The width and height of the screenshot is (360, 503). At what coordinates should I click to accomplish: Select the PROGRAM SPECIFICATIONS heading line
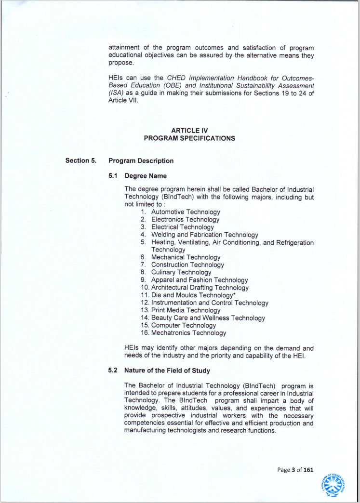pyautogui.click(x=189, y=138)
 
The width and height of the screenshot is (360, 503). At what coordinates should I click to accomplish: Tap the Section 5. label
pyautogui.click(x=81, y=160)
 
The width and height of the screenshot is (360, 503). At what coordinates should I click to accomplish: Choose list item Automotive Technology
pyautogui.click(x=186, y=212)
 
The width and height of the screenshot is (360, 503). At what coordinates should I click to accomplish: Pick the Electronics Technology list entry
pyautogui.click(x=185, y=220)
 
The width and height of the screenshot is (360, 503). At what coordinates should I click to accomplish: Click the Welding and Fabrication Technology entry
pyautogui.click(x=204, y=235)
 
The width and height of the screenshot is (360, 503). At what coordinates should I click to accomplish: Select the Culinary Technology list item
pyautogui.click(x=181, y=272)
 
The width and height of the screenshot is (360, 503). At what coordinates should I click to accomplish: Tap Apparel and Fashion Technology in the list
pyautogui.click(x=200, y=280)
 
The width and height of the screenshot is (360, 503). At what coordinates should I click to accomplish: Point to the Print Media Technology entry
pyautogui.click(x=186, y=310)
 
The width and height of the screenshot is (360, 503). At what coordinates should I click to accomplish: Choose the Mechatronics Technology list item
pyautogui.click(x=188, y=333)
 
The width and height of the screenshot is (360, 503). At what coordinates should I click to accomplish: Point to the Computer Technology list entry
pyautogui.click(x=184, y=325)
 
